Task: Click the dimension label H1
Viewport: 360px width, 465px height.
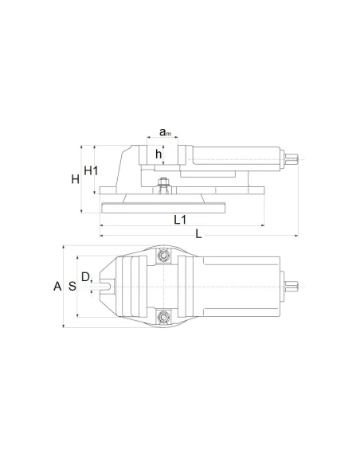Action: (91, 170)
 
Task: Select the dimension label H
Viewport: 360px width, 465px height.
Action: (76, 179)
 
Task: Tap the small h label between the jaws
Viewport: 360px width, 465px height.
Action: (158, 154)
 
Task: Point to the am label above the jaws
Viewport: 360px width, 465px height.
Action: (165, 132)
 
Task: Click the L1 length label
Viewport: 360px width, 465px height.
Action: (180, 220)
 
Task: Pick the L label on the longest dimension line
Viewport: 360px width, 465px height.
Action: (198, 234)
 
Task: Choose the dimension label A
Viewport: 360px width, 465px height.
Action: (57, 287)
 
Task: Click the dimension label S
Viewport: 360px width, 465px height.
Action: (72, 287)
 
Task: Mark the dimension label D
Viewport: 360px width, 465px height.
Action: (85, 277)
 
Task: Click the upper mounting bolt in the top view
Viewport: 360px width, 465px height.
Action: (163, 256)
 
